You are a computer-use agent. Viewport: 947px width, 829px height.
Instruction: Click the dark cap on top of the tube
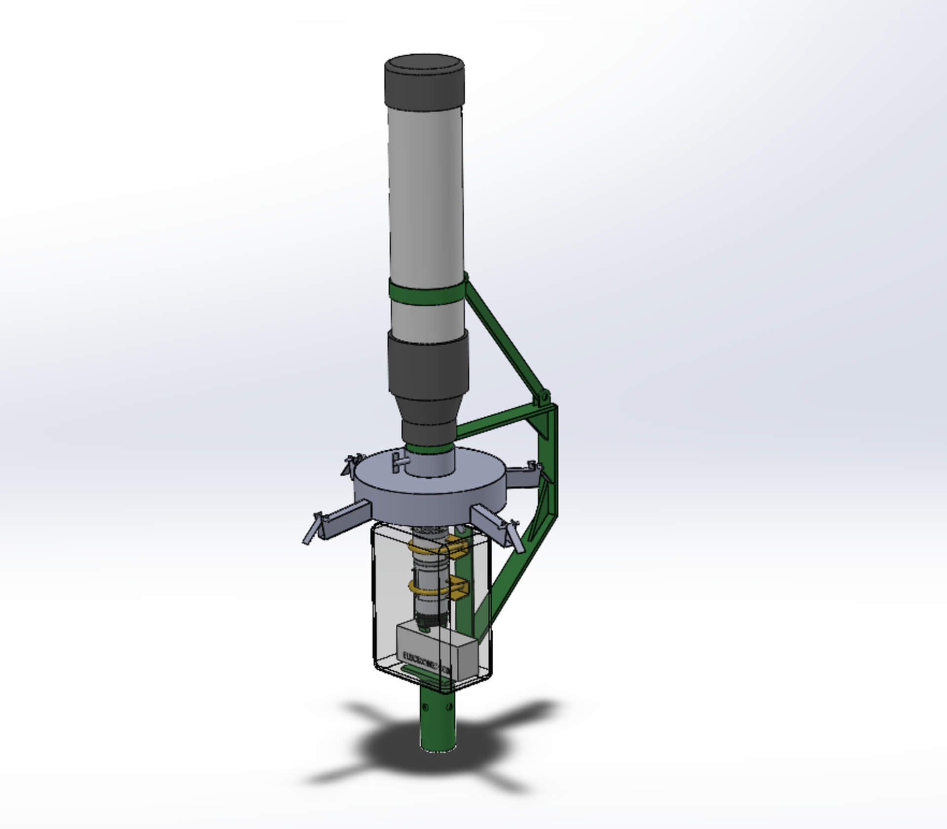(x=424, y=81)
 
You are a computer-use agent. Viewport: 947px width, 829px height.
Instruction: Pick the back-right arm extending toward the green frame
(x=523, y=476)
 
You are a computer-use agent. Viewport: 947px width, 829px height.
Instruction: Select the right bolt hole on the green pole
(x=448, y=708)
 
